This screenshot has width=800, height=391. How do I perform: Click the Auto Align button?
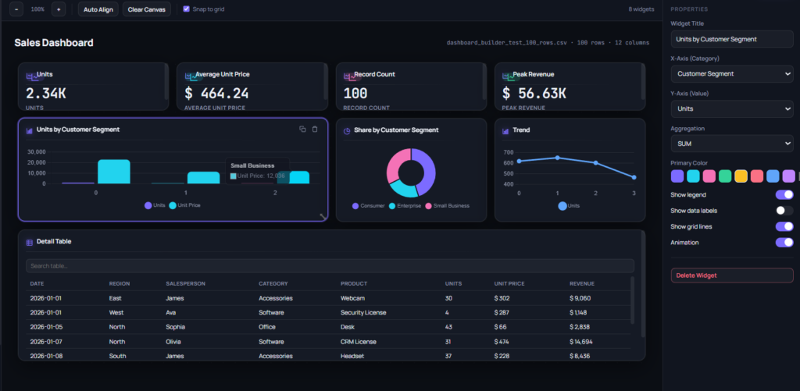(x=98, y=9)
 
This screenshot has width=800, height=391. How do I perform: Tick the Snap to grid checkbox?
(x=186, y=9)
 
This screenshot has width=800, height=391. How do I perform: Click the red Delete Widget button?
(x=731, y=275)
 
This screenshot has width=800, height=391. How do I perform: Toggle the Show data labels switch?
(x=784, y=211)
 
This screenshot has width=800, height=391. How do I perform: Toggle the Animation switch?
(x=784, y=243)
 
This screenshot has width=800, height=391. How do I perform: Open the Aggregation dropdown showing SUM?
(x=731, y=144)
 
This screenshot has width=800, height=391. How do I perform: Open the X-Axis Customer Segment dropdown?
(x=731, y=74)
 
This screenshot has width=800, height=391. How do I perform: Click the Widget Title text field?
(x=731, y=39)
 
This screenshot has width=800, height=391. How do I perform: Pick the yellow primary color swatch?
(x=741, y=176)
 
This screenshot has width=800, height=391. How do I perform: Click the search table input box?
(x=330, y=265)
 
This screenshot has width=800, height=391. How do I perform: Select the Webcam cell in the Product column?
(x=352, y=298)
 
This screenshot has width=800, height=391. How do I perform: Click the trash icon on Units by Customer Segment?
(x=315, y=130)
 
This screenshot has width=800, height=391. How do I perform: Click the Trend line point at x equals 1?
(x=557, y=158)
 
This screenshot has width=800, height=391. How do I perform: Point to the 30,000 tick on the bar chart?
(x=37, y=152)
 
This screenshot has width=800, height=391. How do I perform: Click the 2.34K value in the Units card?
(x=46, y=94)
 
